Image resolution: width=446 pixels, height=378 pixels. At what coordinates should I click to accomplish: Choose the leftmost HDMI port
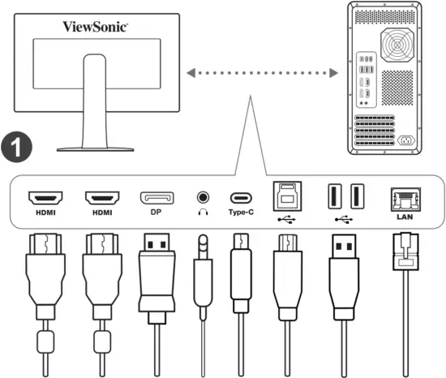point(46,197)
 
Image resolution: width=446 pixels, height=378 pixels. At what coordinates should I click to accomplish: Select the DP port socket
point(157,197)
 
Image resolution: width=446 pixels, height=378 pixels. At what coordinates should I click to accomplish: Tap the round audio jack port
point(201,197)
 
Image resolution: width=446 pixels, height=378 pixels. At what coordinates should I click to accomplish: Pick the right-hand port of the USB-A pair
point(356,197)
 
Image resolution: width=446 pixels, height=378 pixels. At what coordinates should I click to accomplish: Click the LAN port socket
point(403,197)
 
